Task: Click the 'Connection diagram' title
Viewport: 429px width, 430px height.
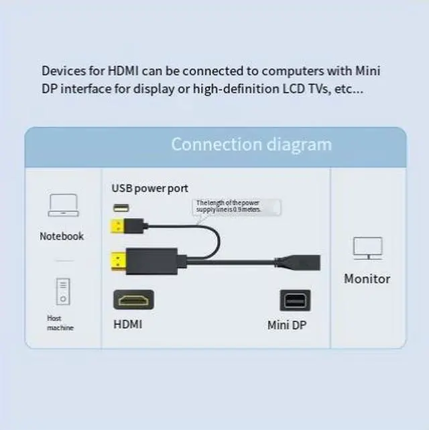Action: pos(251,144)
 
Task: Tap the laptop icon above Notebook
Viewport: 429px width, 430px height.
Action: pos(63,205)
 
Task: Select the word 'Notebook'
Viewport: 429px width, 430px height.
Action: pos(62,236)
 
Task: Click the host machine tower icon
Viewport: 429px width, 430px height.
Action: pos(62,291)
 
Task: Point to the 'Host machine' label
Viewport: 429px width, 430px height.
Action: pos(60,323)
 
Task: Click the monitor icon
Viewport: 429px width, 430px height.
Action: pos(367,249)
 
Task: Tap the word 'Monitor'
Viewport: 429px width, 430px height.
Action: pos(367,278)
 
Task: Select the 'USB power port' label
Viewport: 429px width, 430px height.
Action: pos(149,189)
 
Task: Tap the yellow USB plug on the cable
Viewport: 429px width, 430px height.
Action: pos(120,225)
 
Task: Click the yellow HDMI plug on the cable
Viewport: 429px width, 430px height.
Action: pos(121,258)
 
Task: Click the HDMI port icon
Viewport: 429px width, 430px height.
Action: pos(133,299)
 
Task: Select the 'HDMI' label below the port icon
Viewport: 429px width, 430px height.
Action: pos(128,325)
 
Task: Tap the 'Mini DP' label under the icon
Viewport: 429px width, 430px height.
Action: pos(288,325)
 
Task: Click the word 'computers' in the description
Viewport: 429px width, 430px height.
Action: pos(292,70)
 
